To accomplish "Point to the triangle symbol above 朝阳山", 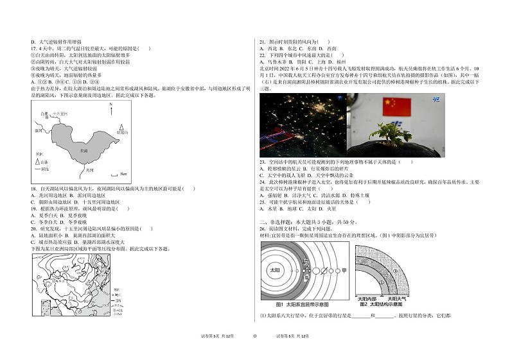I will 121,126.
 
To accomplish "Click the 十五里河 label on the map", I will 60,113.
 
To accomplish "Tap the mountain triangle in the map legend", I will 37,162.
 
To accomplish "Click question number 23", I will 263,162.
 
